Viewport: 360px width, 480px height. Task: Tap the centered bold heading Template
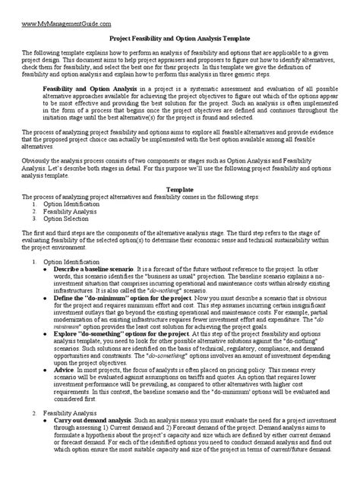[180, 188]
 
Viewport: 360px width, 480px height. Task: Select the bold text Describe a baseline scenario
[99, 269]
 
